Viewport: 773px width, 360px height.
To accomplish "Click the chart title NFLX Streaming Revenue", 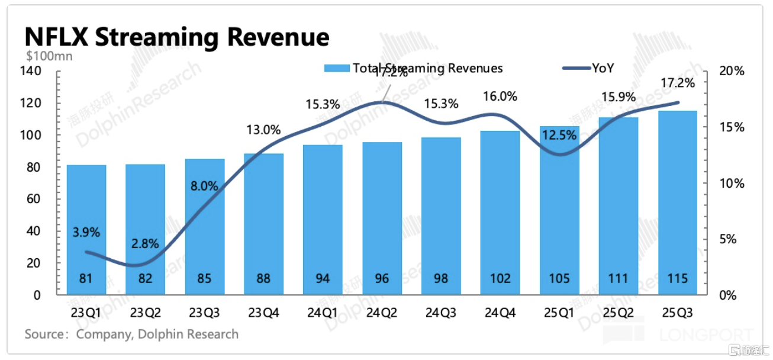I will click(176, 37).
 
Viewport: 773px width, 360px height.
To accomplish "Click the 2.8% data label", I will click(145, 243).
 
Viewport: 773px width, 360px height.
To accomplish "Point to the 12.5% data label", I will click(559, 135).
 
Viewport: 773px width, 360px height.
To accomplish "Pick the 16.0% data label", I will click(500, 96).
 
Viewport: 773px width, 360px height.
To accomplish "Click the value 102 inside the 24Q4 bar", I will click(500, 278).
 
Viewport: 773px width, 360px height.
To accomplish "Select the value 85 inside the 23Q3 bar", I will click(204, 278).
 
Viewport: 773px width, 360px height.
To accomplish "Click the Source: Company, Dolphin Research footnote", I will click(131, 335).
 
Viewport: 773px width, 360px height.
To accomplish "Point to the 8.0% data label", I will click(204, 185).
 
